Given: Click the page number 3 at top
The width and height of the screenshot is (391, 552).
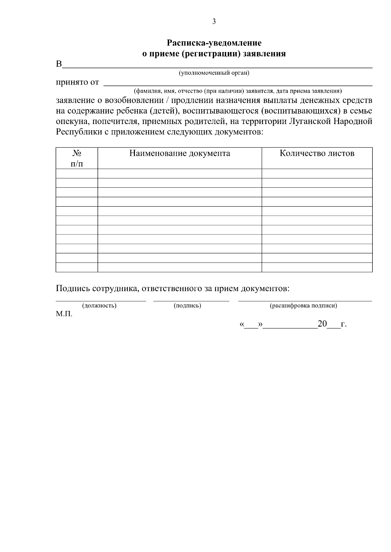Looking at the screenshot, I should (214, 22).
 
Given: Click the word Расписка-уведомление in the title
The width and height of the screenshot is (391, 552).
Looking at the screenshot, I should (214, 43).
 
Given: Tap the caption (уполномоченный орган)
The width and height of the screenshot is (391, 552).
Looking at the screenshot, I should (214, 73).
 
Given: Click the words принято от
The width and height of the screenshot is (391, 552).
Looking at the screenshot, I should (77, 82).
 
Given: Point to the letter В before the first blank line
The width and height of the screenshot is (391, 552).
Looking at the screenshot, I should (59, 64).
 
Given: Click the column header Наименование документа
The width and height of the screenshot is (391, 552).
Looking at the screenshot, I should (180, 153).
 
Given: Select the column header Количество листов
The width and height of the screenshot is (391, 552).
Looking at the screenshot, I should (317, 153).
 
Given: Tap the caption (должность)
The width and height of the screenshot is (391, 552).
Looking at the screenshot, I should (99, 306).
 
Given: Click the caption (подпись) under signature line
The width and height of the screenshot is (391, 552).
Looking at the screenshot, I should (187, 306).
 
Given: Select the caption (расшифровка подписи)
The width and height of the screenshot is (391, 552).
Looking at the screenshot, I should (303, 306).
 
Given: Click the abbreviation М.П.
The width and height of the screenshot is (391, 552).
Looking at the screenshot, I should (64, 314).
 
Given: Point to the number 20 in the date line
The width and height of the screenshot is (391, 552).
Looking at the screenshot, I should (322, 324).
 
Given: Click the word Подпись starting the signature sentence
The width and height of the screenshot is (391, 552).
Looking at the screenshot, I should (73, 289).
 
